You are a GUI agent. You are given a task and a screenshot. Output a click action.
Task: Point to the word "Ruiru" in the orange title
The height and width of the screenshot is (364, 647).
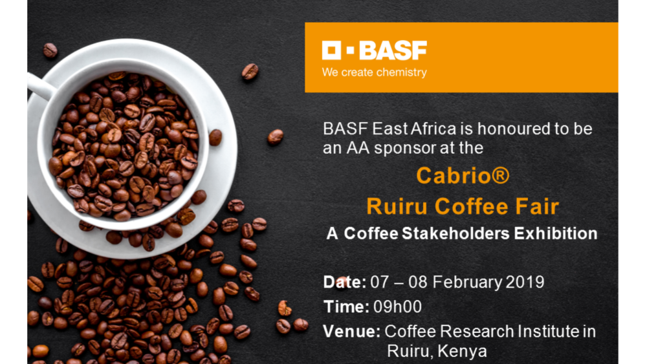[x=398, y=206]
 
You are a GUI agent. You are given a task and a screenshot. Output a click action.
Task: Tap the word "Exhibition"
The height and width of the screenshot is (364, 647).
[x=555, y=233]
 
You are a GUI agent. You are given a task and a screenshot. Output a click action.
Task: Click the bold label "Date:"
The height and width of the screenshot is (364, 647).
[x=344, y=283]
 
